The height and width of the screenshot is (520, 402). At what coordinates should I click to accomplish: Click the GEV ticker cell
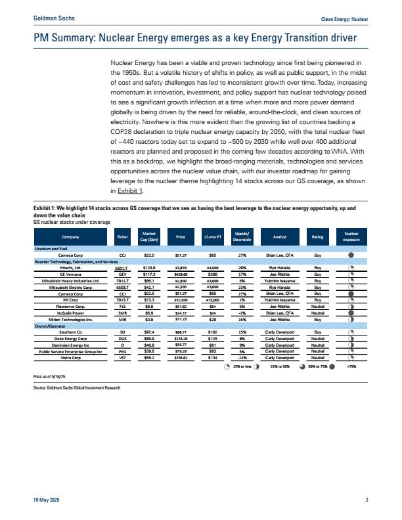tap(122, 274)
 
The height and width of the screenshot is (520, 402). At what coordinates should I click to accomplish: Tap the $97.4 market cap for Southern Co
tap(149, 333)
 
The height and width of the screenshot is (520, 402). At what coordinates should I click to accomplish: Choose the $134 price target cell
tap(213, 358)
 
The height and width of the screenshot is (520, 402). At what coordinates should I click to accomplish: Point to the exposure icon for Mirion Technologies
tap(351, 320)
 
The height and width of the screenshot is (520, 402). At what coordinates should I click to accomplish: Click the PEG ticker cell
tap(122, 353)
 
